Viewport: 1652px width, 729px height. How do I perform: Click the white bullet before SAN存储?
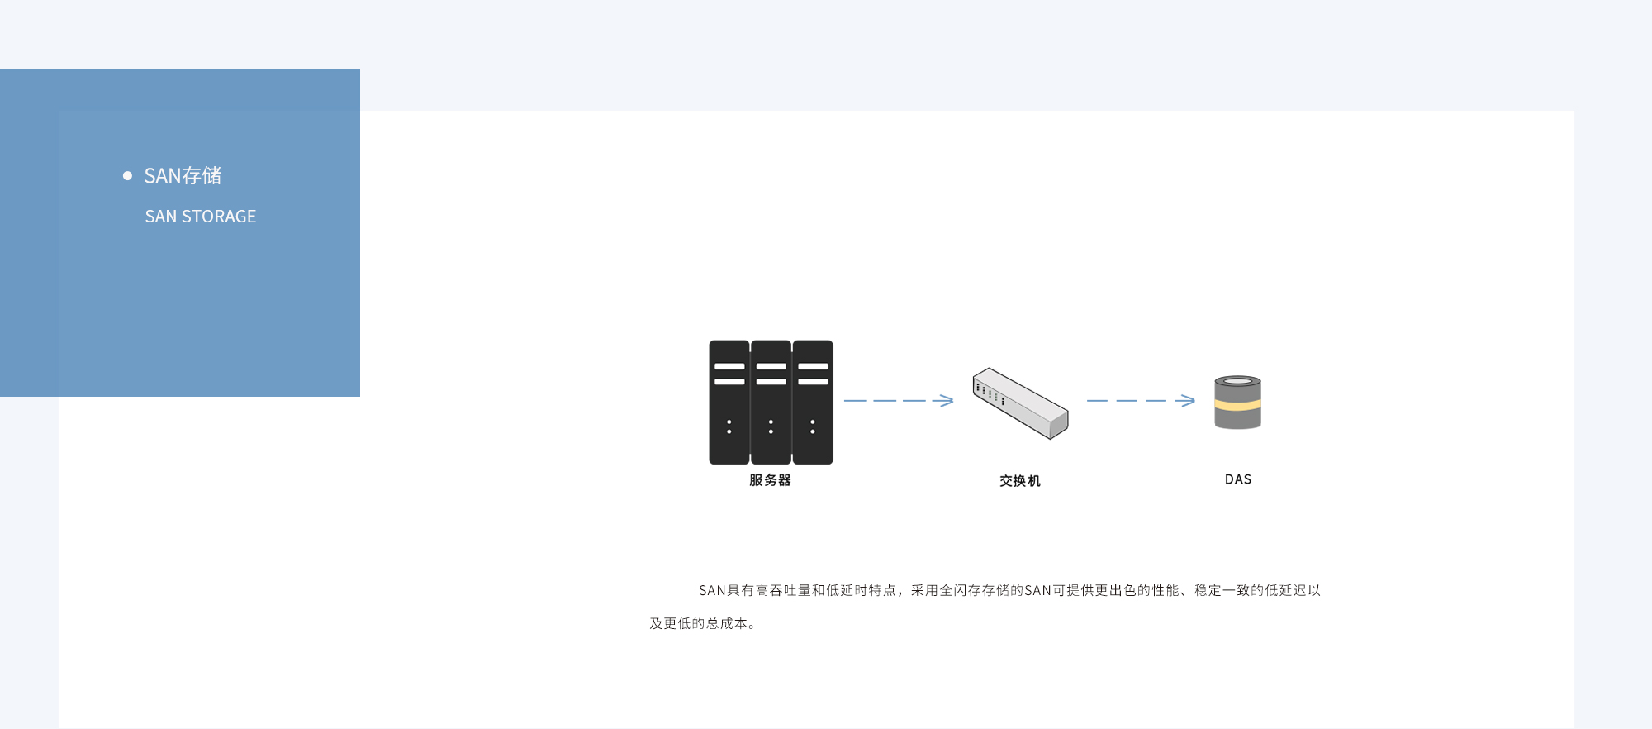(127, 175)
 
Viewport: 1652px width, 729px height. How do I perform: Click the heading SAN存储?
(183, 175)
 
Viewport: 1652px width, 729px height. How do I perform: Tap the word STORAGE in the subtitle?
(219, 217)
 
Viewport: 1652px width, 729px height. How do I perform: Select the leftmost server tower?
(729, 402)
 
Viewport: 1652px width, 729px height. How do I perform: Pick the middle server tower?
(771, 402)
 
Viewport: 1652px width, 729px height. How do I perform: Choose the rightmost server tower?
(813, 402)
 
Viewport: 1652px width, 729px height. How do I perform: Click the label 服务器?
(770, 480)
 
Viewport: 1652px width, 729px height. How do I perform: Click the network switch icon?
(1020, 403)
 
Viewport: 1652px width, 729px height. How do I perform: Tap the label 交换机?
(1020, 481)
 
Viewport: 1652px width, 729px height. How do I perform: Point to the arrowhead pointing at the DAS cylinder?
(1188, 400)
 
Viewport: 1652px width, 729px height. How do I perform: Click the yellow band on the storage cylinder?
(1237, 405)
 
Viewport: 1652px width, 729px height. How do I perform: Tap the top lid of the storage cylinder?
(1237, 381)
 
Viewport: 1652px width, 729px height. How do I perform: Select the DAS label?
(1238, 479)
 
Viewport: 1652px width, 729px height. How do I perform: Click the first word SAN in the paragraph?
(712, 590)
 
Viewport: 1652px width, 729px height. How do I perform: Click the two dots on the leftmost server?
(729, 426)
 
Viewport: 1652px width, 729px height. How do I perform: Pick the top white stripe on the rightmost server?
(813, 366)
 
